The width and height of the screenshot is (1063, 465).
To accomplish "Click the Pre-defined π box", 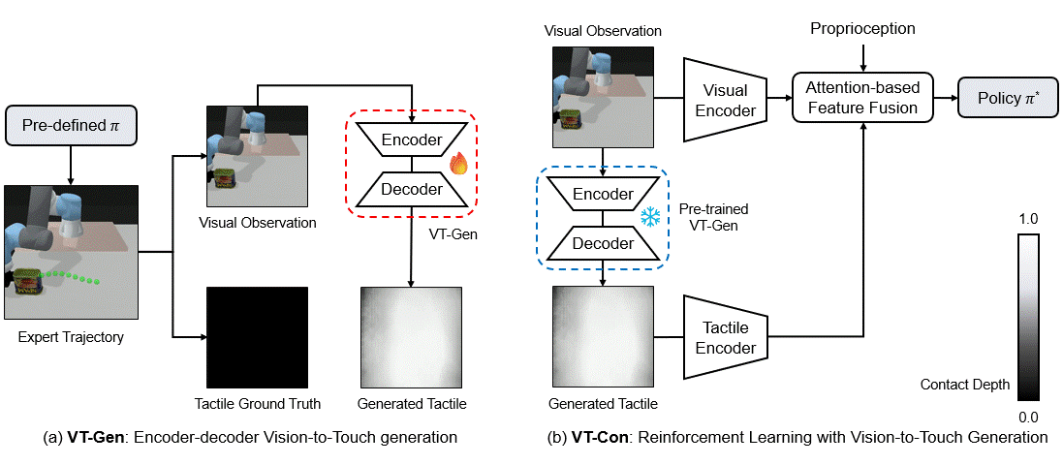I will point(71,127).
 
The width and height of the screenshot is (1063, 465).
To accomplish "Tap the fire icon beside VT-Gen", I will point(459,162).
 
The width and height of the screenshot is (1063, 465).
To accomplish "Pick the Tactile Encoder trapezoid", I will point(726,337).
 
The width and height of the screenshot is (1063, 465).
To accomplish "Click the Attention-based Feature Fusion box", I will point(861,98).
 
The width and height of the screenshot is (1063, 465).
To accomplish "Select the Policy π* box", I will point(1005,98).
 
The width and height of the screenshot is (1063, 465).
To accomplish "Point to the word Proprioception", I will point(861,28).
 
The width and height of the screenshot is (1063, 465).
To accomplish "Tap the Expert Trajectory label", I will point(71,337).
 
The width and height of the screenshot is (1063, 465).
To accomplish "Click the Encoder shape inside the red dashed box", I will point(412,139).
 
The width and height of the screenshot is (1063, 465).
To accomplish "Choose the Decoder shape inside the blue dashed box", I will point(603,242).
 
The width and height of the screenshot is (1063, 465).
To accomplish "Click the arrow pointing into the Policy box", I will point(945,98).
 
